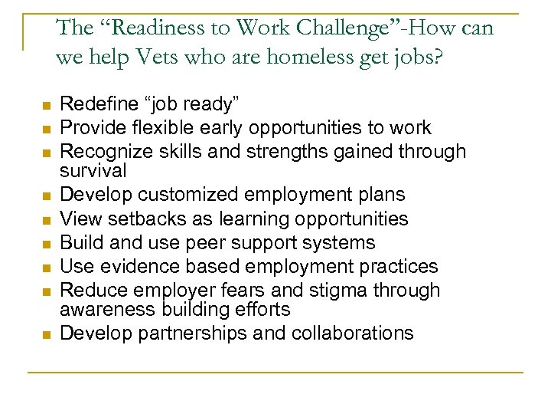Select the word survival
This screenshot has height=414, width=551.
pos(93,169)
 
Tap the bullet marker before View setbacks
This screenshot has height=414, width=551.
pos(47,220)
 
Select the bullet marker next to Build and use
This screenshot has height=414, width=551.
pos(47,244)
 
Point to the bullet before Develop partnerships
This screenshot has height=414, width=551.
pos(47,334)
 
